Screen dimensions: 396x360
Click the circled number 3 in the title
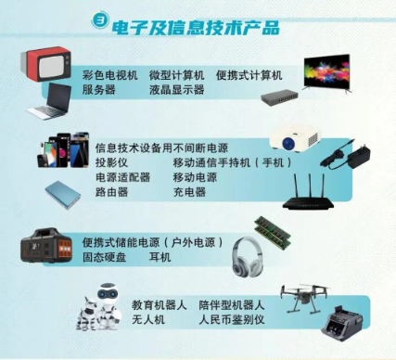click(100, 20)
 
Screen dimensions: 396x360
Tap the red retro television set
click(45, 65)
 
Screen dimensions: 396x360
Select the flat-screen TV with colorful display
click(327, 72)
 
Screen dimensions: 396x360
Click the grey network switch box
click(279, 97)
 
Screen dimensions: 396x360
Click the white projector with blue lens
click(295, 139)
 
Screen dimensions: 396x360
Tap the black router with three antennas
click(309, 192)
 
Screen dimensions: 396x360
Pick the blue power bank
click(63, 195)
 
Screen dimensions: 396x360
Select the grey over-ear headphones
click(248, 257)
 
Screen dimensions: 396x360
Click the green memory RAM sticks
click(273, 233)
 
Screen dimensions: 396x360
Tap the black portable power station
click(46, 246)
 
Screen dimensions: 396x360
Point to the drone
click(304, 298)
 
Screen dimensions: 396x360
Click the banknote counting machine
click(342, 323)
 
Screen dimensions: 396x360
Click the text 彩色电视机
click(109, 75)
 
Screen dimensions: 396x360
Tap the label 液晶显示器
click(177, 90)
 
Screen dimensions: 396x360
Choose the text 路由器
click(111, 192)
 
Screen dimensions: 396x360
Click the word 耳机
click(160, 257)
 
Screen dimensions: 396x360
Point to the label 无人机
click(148, 319)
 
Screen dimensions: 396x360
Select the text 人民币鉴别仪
click(232, 319)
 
